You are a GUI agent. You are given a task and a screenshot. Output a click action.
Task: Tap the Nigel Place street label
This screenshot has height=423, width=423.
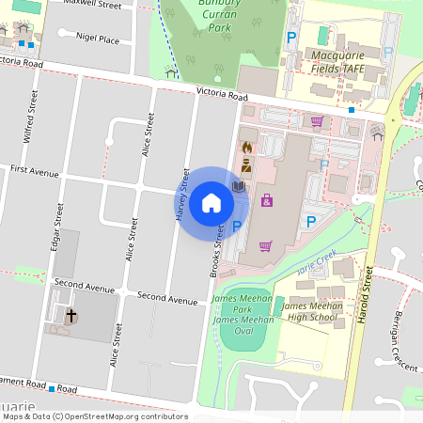98,40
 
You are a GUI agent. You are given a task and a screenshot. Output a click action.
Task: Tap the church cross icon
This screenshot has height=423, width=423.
70,317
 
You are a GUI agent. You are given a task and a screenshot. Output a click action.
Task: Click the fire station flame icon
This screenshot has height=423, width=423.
246,148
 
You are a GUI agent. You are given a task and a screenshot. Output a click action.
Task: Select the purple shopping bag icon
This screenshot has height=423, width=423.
268,200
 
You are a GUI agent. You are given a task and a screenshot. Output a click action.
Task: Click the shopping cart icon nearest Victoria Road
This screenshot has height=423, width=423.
317,120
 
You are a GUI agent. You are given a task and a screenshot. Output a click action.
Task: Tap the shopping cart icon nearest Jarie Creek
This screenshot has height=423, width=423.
266,246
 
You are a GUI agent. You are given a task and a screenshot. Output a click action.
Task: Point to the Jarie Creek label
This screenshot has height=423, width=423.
317,263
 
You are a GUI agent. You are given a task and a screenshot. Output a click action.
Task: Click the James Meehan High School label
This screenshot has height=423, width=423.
309,312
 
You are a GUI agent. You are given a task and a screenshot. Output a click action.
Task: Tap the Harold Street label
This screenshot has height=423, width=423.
367,295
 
